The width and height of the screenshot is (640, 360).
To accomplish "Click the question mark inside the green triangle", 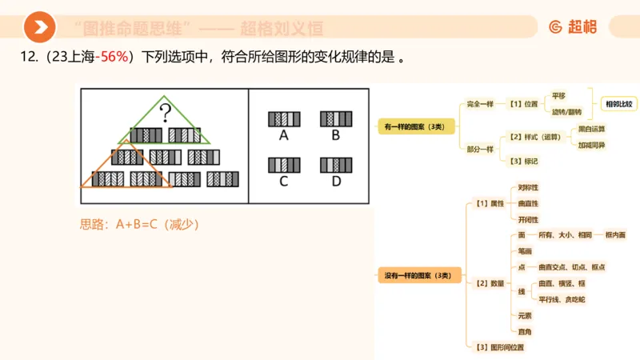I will [x=166, y=112].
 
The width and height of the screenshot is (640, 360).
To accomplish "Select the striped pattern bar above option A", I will [x=284, y=118].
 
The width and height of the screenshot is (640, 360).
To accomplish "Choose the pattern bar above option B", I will [x=336, y=118].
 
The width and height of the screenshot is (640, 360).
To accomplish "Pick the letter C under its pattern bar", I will [x=284, y=181].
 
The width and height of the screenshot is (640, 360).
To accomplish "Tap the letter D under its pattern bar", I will [x=336, y=181].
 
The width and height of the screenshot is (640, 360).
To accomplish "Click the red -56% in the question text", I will [x=114, y=58].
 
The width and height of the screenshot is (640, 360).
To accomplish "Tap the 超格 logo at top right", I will [x=573, y=27].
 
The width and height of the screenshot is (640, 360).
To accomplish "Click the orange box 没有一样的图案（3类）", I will [x=418, y=276].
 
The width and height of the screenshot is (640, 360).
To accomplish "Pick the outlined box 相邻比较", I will [x=618, y=104].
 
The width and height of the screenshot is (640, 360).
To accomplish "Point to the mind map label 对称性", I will [x=528, y=187].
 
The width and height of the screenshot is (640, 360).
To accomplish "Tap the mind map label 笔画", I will [x=525, y=250].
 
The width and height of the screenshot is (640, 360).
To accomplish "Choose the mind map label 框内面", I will [x=616, y=235].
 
